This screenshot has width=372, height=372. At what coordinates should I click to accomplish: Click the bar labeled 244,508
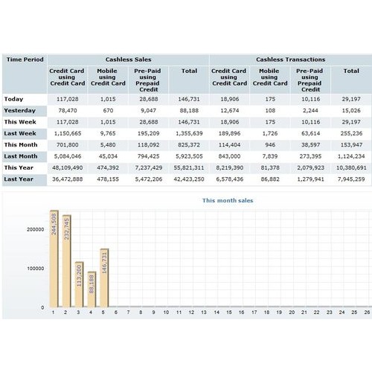coord(54,259)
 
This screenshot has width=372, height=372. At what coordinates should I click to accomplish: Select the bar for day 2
coord(66,261)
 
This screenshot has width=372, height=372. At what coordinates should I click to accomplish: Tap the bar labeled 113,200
coord(79,284)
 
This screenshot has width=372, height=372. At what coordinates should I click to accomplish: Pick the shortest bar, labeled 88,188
coord(92,289)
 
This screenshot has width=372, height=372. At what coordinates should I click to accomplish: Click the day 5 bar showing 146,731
coord(104,278)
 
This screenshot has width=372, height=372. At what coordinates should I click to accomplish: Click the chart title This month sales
coord(228,200)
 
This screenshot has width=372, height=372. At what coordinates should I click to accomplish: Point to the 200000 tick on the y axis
coord(36,229)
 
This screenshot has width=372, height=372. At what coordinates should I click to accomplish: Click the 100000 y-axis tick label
coord(36,269)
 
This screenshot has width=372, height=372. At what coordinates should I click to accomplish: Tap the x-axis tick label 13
coord(204,312)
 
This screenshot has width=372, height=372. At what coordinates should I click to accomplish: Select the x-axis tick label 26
coord(367,312)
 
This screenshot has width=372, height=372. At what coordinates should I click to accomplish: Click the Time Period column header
coord(25,60)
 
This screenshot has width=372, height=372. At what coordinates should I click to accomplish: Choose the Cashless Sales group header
coord(128,60)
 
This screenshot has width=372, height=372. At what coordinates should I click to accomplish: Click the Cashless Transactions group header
coord(291,60)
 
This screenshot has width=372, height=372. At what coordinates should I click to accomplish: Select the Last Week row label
coord(20,133)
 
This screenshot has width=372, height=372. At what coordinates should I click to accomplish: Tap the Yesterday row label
coord(20,111)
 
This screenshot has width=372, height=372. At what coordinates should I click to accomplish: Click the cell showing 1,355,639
coord(189,133)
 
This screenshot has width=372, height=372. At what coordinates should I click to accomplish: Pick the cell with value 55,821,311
coord(189,167)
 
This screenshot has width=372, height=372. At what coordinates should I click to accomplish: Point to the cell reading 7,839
coord(270,156)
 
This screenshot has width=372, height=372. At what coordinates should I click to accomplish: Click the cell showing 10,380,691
coord(351,167)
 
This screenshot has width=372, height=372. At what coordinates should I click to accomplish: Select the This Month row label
coord(21,145)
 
